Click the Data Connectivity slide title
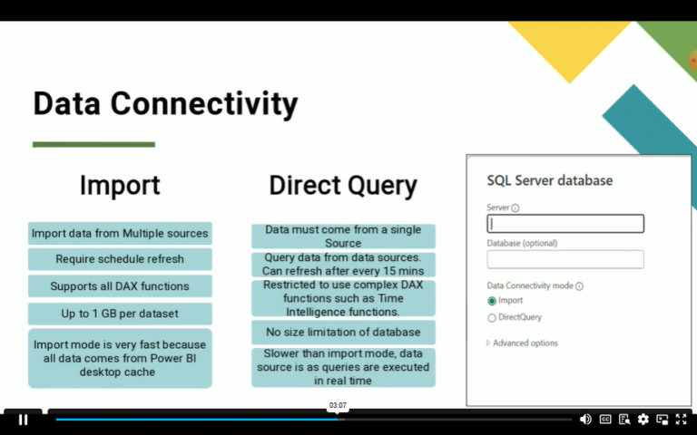[x=165, y=104]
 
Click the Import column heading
[x=120, y=185]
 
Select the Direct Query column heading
[x=343, y=186]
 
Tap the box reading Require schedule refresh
[x=120, y=259]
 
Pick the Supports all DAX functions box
[x=120, y=286]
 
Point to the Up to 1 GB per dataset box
[x=120, y=314]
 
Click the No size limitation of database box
[x=343, y=332]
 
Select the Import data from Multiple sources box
[x=120, y=234]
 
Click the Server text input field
[x=565, y=224]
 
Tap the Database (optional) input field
[x=565, y=259]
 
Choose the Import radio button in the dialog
[x=492, y=301]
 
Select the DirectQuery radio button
[x=492, y=318]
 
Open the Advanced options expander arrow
[x=488, y=343]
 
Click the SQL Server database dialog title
[x=550, y=180]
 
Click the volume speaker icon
[x=585, y=420]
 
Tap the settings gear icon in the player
[x=643, y=420]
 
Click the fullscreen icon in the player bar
[x=682, y=420]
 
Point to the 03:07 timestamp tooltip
[x=338, y=405]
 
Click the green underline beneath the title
[x=93, y=144]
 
